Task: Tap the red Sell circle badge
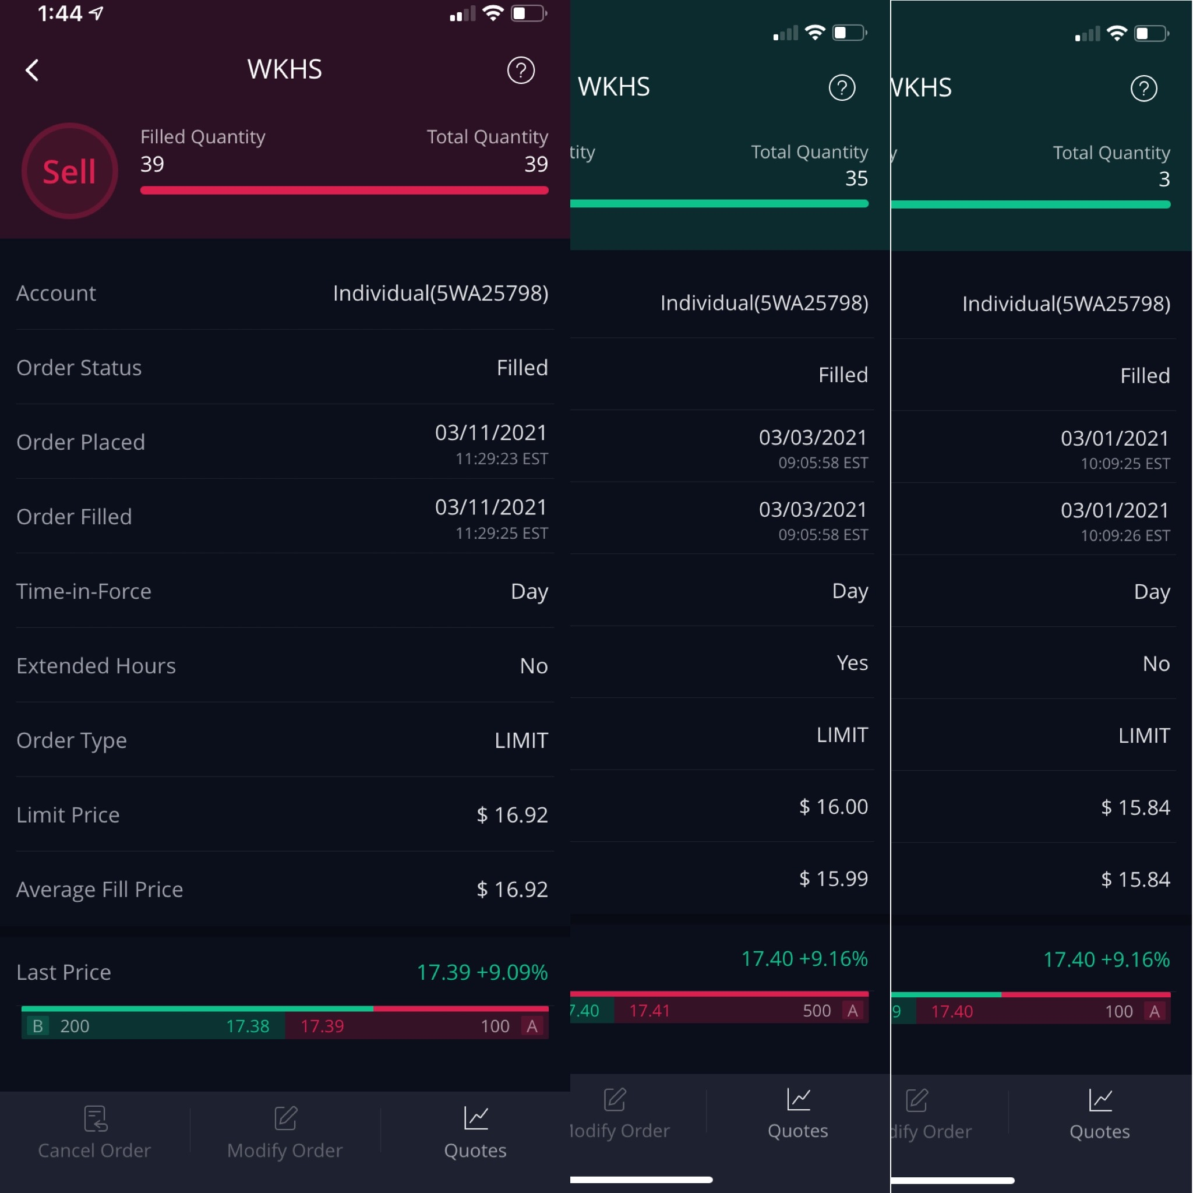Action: tap(69, 171)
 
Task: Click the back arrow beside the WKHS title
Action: tap(32, 70)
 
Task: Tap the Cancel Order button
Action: tap(94, 1134)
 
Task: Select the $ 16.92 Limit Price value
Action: tap(512, 814)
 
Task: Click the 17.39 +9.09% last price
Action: tap(482, 972)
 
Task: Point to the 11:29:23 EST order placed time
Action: tap(502, 459)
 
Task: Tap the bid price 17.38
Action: tap(248, 1026)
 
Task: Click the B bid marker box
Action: tap(38, 1026)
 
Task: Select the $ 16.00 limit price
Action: tap(833, 806)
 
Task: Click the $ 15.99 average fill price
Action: tap(833, 878)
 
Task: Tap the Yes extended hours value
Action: tap(852, 662)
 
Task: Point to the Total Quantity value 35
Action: tap(856, 178)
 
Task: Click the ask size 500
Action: tap(816, 1011)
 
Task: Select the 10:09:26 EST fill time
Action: tap(1124, 535)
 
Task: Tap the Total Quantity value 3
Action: tap(1163, 179)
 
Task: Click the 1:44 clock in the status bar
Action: tap(60, 13)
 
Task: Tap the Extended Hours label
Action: tap(96, 666)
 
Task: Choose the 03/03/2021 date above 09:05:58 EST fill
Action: tap(812, 510)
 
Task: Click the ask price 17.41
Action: tap(649, 1011)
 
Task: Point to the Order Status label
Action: tap(79, 368)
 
